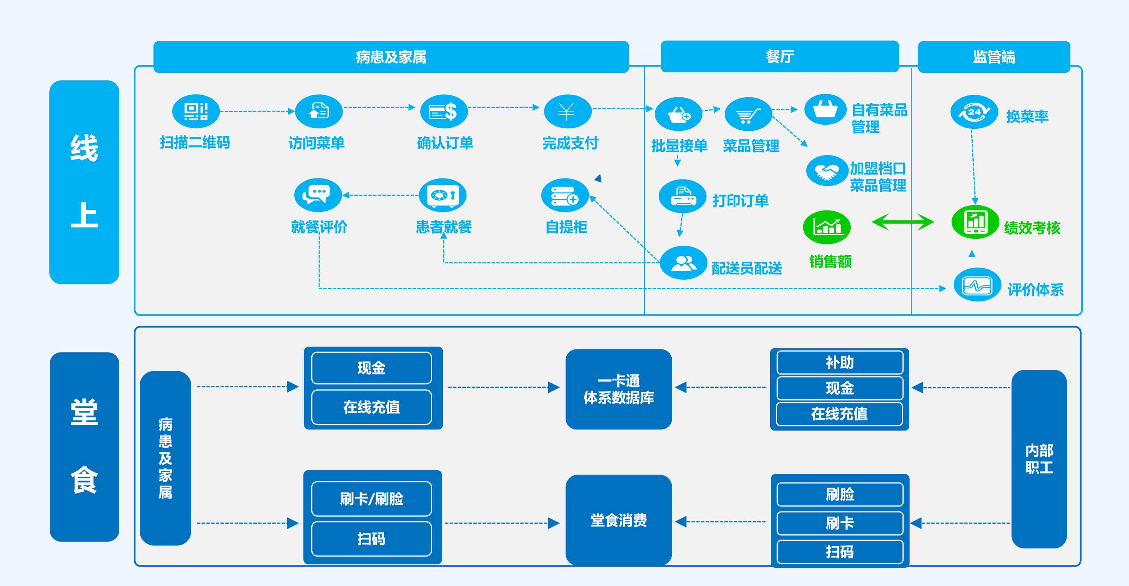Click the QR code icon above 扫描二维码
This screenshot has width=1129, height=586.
point(195,111)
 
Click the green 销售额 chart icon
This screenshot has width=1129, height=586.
point(827,227)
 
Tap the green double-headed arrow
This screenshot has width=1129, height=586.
point(903,222)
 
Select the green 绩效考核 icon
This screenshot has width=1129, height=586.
point(975,222)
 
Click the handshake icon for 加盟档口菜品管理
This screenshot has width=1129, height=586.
point(827,171)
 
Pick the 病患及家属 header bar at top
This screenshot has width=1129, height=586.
point(391,57)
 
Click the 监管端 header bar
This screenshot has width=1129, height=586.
point(994,57)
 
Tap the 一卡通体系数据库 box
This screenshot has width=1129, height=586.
point(618,389)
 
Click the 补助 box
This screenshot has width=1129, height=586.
point(839,362)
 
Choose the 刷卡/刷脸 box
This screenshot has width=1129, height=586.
point(371,499)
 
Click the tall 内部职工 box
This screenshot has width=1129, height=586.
point(1039,459)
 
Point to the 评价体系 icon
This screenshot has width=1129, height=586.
point(977,285)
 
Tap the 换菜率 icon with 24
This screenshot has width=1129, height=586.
point(974,112)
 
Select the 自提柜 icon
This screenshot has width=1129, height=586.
point(564,195)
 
